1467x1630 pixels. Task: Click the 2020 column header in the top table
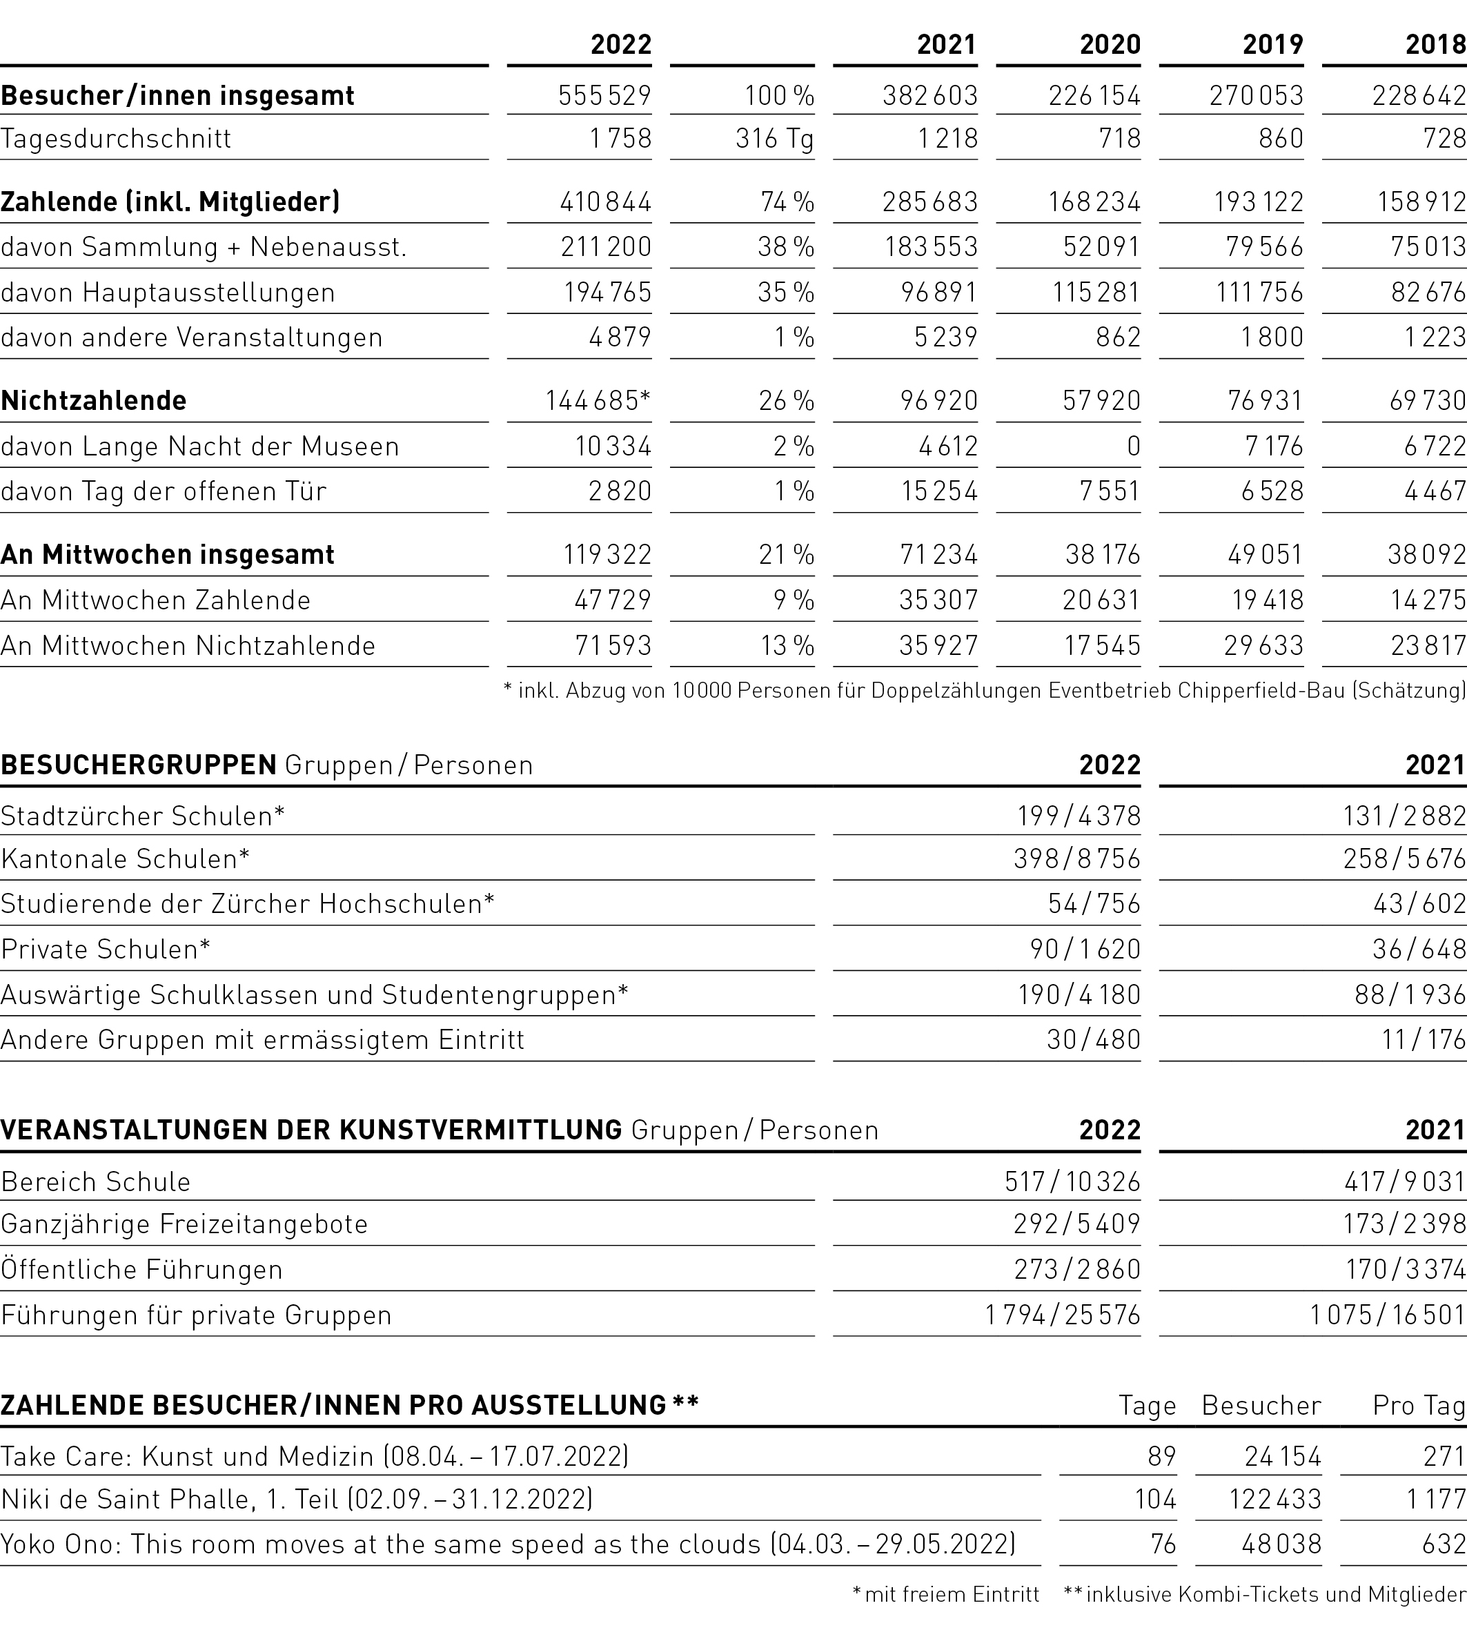tap(1110, 44)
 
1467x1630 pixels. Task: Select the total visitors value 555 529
tap(604, 96)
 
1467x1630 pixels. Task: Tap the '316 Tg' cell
tap(774, 139)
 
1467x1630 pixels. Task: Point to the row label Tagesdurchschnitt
tap(116, 139)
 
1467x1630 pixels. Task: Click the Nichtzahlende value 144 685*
tap(598, 401)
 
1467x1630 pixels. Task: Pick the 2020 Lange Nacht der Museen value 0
tap(1133, 446)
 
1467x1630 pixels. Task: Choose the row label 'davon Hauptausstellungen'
tap(168, 292)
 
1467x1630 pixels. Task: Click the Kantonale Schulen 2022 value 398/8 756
tap(1077, 858)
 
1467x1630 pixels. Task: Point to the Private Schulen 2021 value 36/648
tap(1419, 949)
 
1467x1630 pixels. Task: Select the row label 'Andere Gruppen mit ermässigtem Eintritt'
tap(263, 1040)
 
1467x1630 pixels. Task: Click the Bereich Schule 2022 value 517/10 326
tap(1072, 1182)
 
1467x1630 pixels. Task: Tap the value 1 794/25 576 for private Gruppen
tap(1063, 1315)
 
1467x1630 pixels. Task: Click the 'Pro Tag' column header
tap(1419, 1406)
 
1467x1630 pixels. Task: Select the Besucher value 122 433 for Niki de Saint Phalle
tap(1274, 1500)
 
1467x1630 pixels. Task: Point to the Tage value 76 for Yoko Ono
tap(1163, 1544)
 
